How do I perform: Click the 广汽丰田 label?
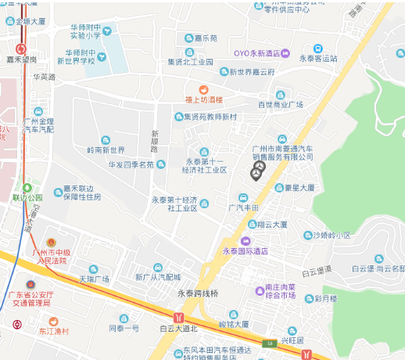point(243,207)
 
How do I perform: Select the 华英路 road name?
point(44,77)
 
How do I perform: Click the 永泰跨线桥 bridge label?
point(197,293)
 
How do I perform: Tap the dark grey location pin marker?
point(258,170)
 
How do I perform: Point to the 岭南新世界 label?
point(106,149)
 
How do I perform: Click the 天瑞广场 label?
point(94,279)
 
